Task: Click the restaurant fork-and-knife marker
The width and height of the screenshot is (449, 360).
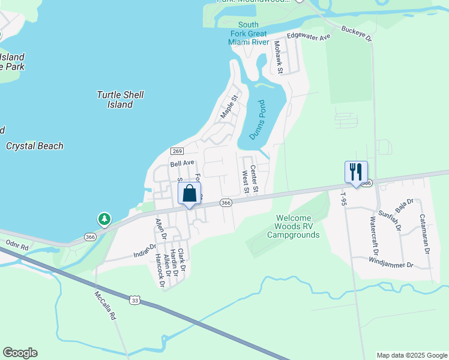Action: [356, 172]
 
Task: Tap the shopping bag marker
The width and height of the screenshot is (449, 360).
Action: [189, 194]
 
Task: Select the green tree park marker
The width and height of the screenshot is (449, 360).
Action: [105, 219]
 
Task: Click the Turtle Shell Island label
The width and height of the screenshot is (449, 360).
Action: [120, 100]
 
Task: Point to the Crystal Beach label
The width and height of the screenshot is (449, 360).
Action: [34, 146]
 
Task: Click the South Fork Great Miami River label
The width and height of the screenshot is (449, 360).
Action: [248, 34]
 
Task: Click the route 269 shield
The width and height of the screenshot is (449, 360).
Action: [176, 151]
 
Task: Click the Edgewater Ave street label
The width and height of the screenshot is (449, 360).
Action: [309, 37]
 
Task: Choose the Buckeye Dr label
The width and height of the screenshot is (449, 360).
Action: [357, 33]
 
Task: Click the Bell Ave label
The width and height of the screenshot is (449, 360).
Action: [182, 163]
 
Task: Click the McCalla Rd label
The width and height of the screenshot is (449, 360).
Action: [104, 305]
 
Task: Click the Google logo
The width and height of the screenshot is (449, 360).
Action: [20, 353]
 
